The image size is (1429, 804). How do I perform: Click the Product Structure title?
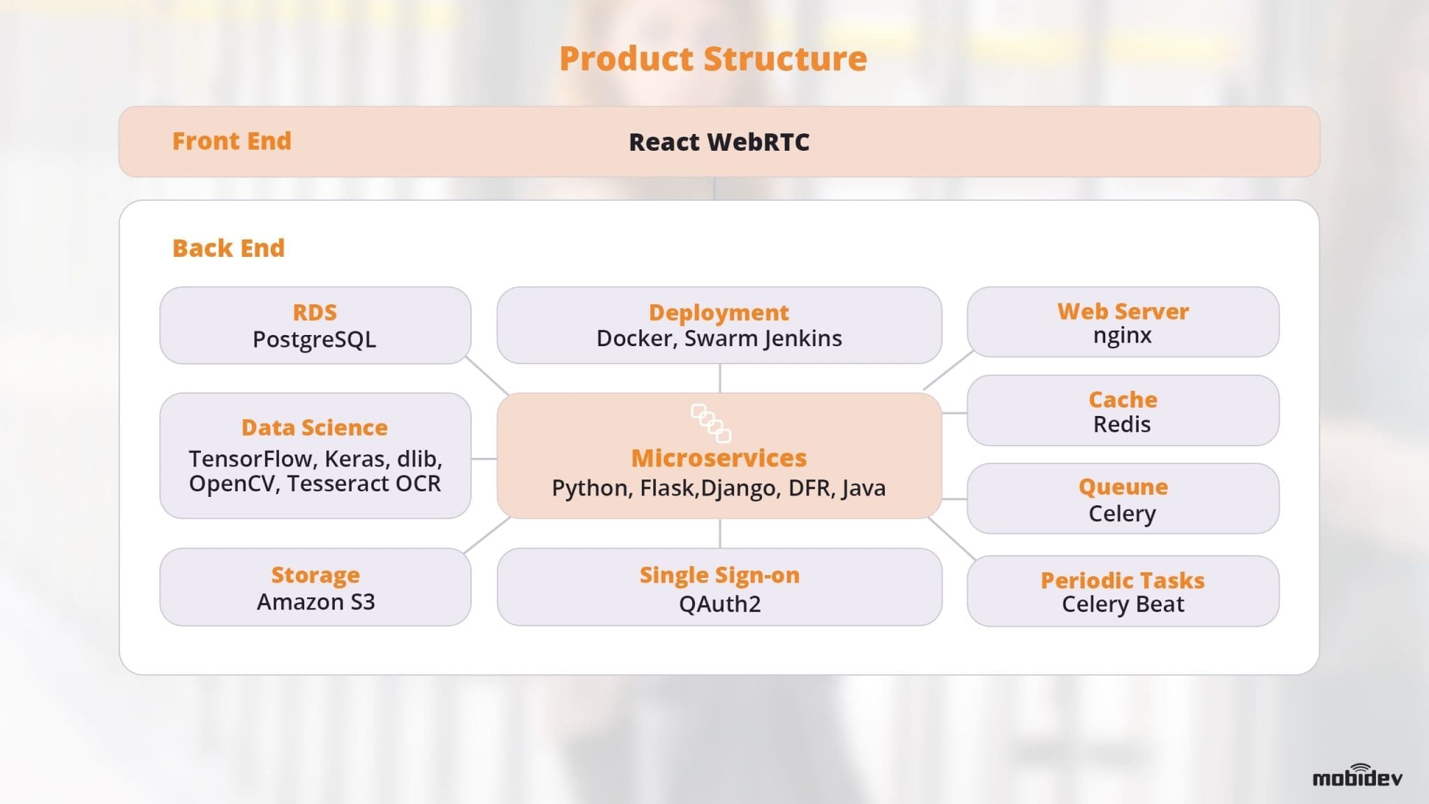[x=713, y=59]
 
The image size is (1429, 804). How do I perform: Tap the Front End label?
[x=232, y=141]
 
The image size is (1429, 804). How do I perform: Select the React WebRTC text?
[x=719, y=142]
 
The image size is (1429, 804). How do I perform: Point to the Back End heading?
[x=228, y=248]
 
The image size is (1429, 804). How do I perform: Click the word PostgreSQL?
[x=314, y=339]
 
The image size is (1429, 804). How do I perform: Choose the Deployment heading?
[x=719, y=312]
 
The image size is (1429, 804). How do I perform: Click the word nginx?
[x=1122, y=336]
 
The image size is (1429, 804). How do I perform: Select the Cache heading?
[x=1123, y=399]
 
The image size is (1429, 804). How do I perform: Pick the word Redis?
[x=1122, y=424]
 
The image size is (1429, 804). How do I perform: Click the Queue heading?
[x=1123, y=486]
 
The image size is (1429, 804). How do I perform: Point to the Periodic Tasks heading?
[x=1123, y=580]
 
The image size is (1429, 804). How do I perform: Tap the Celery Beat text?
[x=1123, y=604]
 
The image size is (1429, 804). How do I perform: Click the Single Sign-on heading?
[x=719, y=575]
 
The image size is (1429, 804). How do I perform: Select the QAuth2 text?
[x=719, y=604]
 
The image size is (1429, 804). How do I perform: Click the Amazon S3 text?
[x=315, y=602]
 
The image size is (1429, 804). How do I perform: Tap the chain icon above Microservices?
[x=711, y=423]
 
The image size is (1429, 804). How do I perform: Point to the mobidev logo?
[x=1357, y=776]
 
